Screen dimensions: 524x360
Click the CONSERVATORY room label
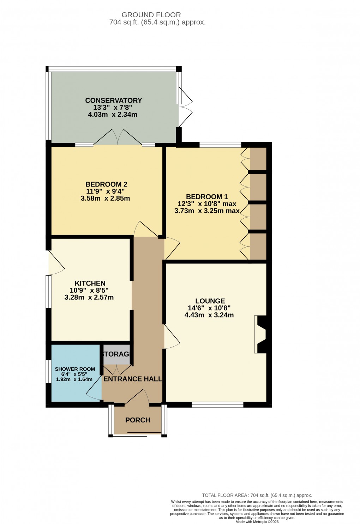tap(113, 100)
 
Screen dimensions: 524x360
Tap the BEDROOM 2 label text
tap(106, 184)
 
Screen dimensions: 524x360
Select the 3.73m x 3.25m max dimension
tap(207, 211)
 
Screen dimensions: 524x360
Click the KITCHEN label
tap(90, 283)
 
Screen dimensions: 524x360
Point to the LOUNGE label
tap(210, 301)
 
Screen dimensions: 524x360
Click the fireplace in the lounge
tap(260, 334)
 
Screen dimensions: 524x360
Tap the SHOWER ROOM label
tap(75, 369)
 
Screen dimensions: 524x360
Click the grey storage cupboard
tap(116, 354)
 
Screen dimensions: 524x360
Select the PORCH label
tap(138, 420)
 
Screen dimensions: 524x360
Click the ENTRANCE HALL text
tap(132, 379)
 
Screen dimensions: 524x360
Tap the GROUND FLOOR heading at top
tap(151, 15)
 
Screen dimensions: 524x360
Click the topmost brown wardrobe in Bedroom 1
tap(258, 158)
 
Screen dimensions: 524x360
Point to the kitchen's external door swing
tap(56, 263)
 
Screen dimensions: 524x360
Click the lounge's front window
tap(217, 405)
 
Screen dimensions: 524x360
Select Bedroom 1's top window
tap(220, 145)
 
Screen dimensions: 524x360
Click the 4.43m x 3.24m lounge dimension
tap(209, 315)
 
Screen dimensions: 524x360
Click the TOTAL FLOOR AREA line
tap(257, 495)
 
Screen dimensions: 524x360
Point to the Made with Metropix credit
tap(257, 522)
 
